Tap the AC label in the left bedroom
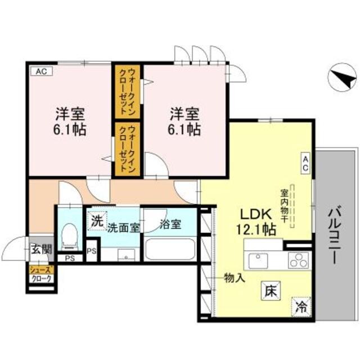41,71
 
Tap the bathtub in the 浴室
170,249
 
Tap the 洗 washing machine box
97,220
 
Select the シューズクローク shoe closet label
42,274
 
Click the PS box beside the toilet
93,251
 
